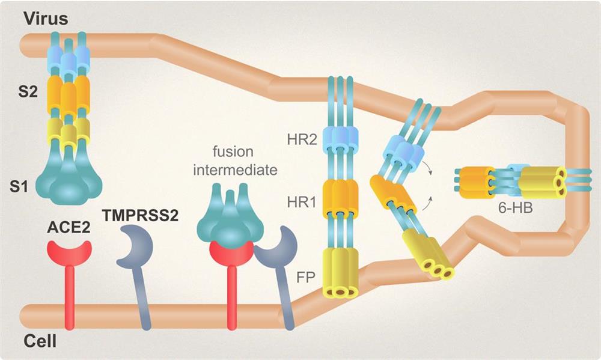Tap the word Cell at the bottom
[x=40, y=343]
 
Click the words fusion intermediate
[x=235, y=160]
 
